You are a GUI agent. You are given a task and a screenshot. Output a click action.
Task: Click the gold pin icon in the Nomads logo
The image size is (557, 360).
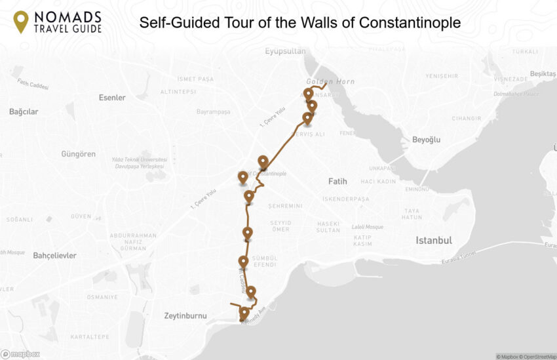[21, 21]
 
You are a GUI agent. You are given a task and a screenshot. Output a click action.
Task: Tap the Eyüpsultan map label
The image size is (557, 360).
[285, 51]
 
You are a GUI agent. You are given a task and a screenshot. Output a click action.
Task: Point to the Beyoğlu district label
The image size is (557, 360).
[426, 140]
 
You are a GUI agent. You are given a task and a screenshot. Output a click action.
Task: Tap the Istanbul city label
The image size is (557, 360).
[433, 241]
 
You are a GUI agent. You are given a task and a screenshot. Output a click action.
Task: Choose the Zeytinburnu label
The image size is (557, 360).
[185, 315]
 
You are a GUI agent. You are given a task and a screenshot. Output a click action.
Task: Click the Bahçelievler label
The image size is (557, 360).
[54, 255]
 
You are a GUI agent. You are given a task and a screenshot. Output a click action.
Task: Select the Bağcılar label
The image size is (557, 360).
[24, 111]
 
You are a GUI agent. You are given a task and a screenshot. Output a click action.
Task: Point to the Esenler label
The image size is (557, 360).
[111, 98]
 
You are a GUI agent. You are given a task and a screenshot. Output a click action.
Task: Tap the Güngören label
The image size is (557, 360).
[78, 154]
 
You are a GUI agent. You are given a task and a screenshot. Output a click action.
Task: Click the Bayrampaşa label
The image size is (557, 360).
[213, 111]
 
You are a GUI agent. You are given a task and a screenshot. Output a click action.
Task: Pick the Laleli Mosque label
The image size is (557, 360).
[370, 227]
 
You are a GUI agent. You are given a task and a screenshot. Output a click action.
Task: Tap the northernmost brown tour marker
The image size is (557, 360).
[308, 94]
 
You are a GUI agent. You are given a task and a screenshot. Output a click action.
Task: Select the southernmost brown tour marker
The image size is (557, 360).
[244, 312]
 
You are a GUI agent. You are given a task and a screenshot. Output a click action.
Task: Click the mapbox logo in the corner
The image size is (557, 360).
[20, 354]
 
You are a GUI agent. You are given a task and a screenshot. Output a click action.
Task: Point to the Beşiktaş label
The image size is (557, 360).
[543, 73]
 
